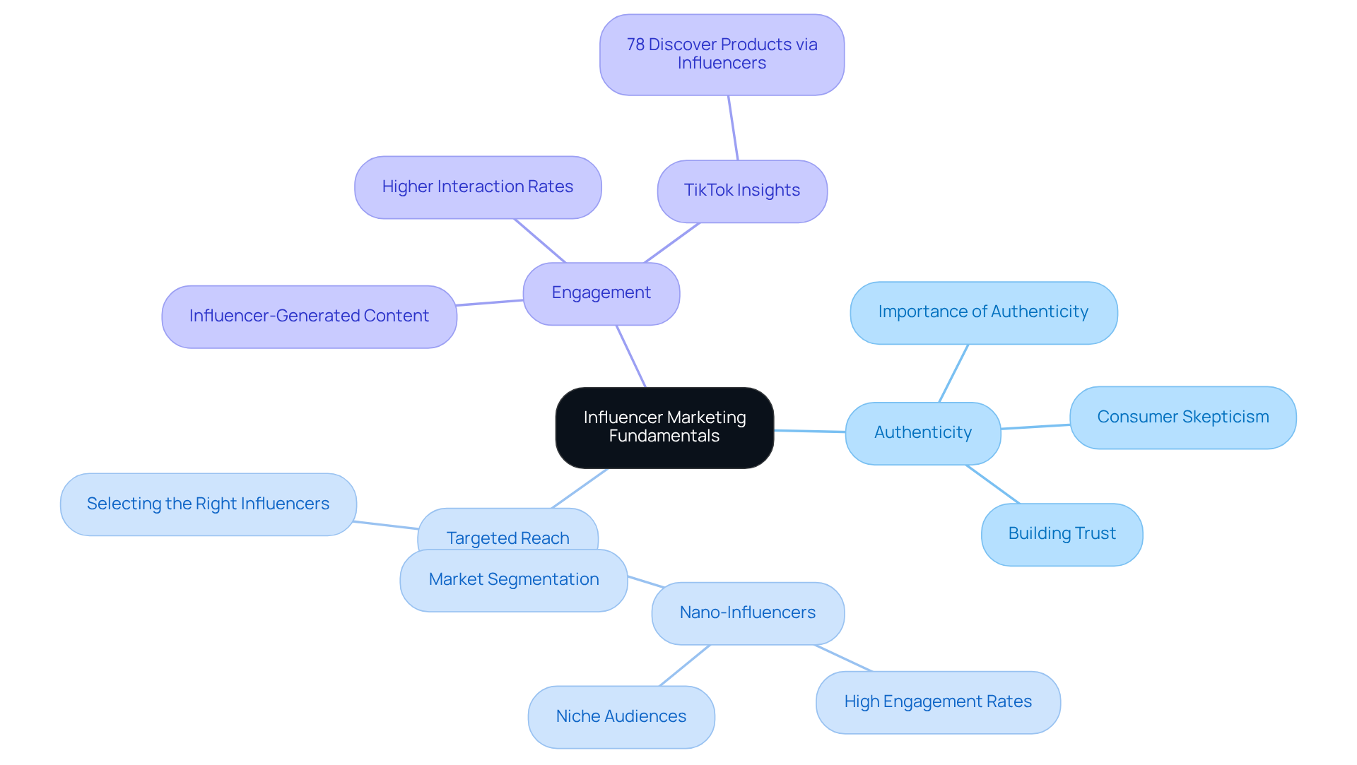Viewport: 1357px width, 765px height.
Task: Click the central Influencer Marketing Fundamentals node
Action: [x=664, y=427]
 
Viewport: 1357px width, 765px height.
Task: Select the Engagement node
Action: [x=601, y=293]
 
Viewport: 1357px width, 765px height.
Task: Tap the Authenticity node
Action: [x=922, y=432]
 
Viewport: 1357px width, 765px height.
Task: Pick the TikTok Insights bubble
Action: [x=742, y=191]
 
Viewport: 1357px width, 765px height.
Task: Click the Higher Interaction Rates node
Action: [x=478, y=187]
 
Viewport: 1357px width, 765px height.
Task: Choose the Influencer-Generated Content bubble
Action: [x=309, y=316]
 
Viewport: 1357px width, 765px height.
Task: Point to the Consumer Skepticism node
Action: [x=1182, y=417]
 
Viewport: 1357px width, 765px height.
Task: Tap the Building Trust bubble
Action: [x=1062, y=534]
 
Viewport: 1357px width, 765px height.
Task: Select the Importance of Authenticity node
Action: [x=983, y=312]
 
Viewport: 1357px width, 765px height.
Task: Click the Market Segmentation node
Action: [x=514, y=580]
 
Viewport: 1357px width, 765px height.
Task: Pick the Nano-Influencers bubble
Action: [x=748, y=612]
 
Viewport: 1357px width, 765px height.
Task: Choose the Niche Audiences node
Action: [x=621, y=716]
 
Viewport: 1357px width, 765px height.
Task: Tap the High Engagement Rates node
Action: [x=938, y=702]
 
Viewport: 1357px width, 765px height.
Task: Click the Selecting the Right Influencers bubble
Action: [x=208, y=504]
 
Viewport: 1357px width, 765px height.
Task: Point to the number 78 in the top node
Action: [x=635, y=45]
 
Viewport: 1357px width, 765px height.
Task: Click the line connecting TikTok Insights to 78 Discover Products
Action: [x=733, y=128]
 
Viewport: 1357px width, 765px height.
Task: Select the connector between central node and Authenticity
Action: [x=810, y=431]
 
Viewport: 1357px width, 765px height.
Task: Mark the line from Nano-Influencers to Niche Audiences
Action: [x=685, y=665]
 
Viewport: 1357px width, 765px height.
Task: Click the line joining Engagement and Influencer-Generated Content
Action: [x=490, y=303]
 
